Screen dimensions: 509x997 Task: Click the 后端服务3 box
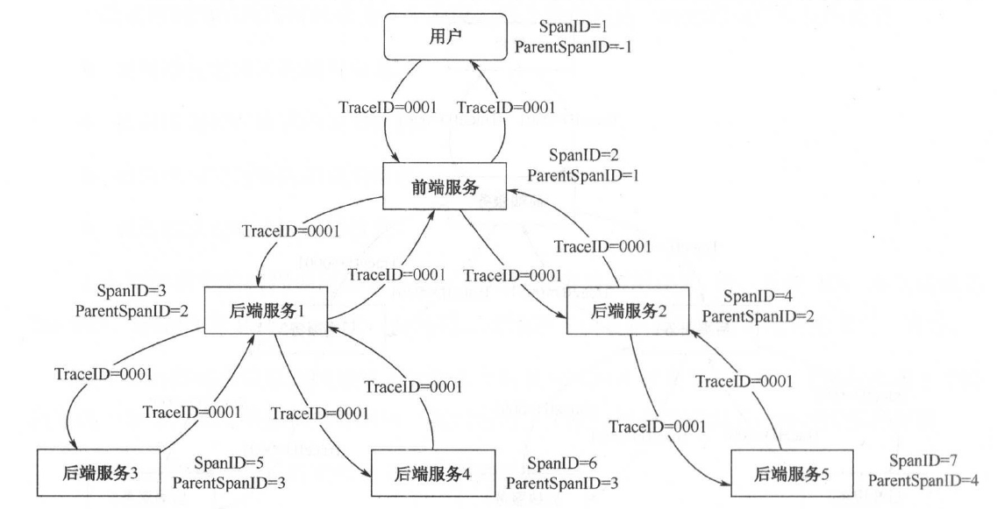[88, 473]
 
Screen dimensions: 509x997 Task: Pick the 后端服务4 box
[422, 473]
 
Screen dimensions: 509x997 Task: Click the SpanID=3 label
[131, 290]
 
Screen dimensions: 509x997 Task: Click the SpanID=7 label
[919, 460]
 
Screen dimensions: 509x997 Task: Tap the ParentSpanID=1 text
[581, 175]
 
